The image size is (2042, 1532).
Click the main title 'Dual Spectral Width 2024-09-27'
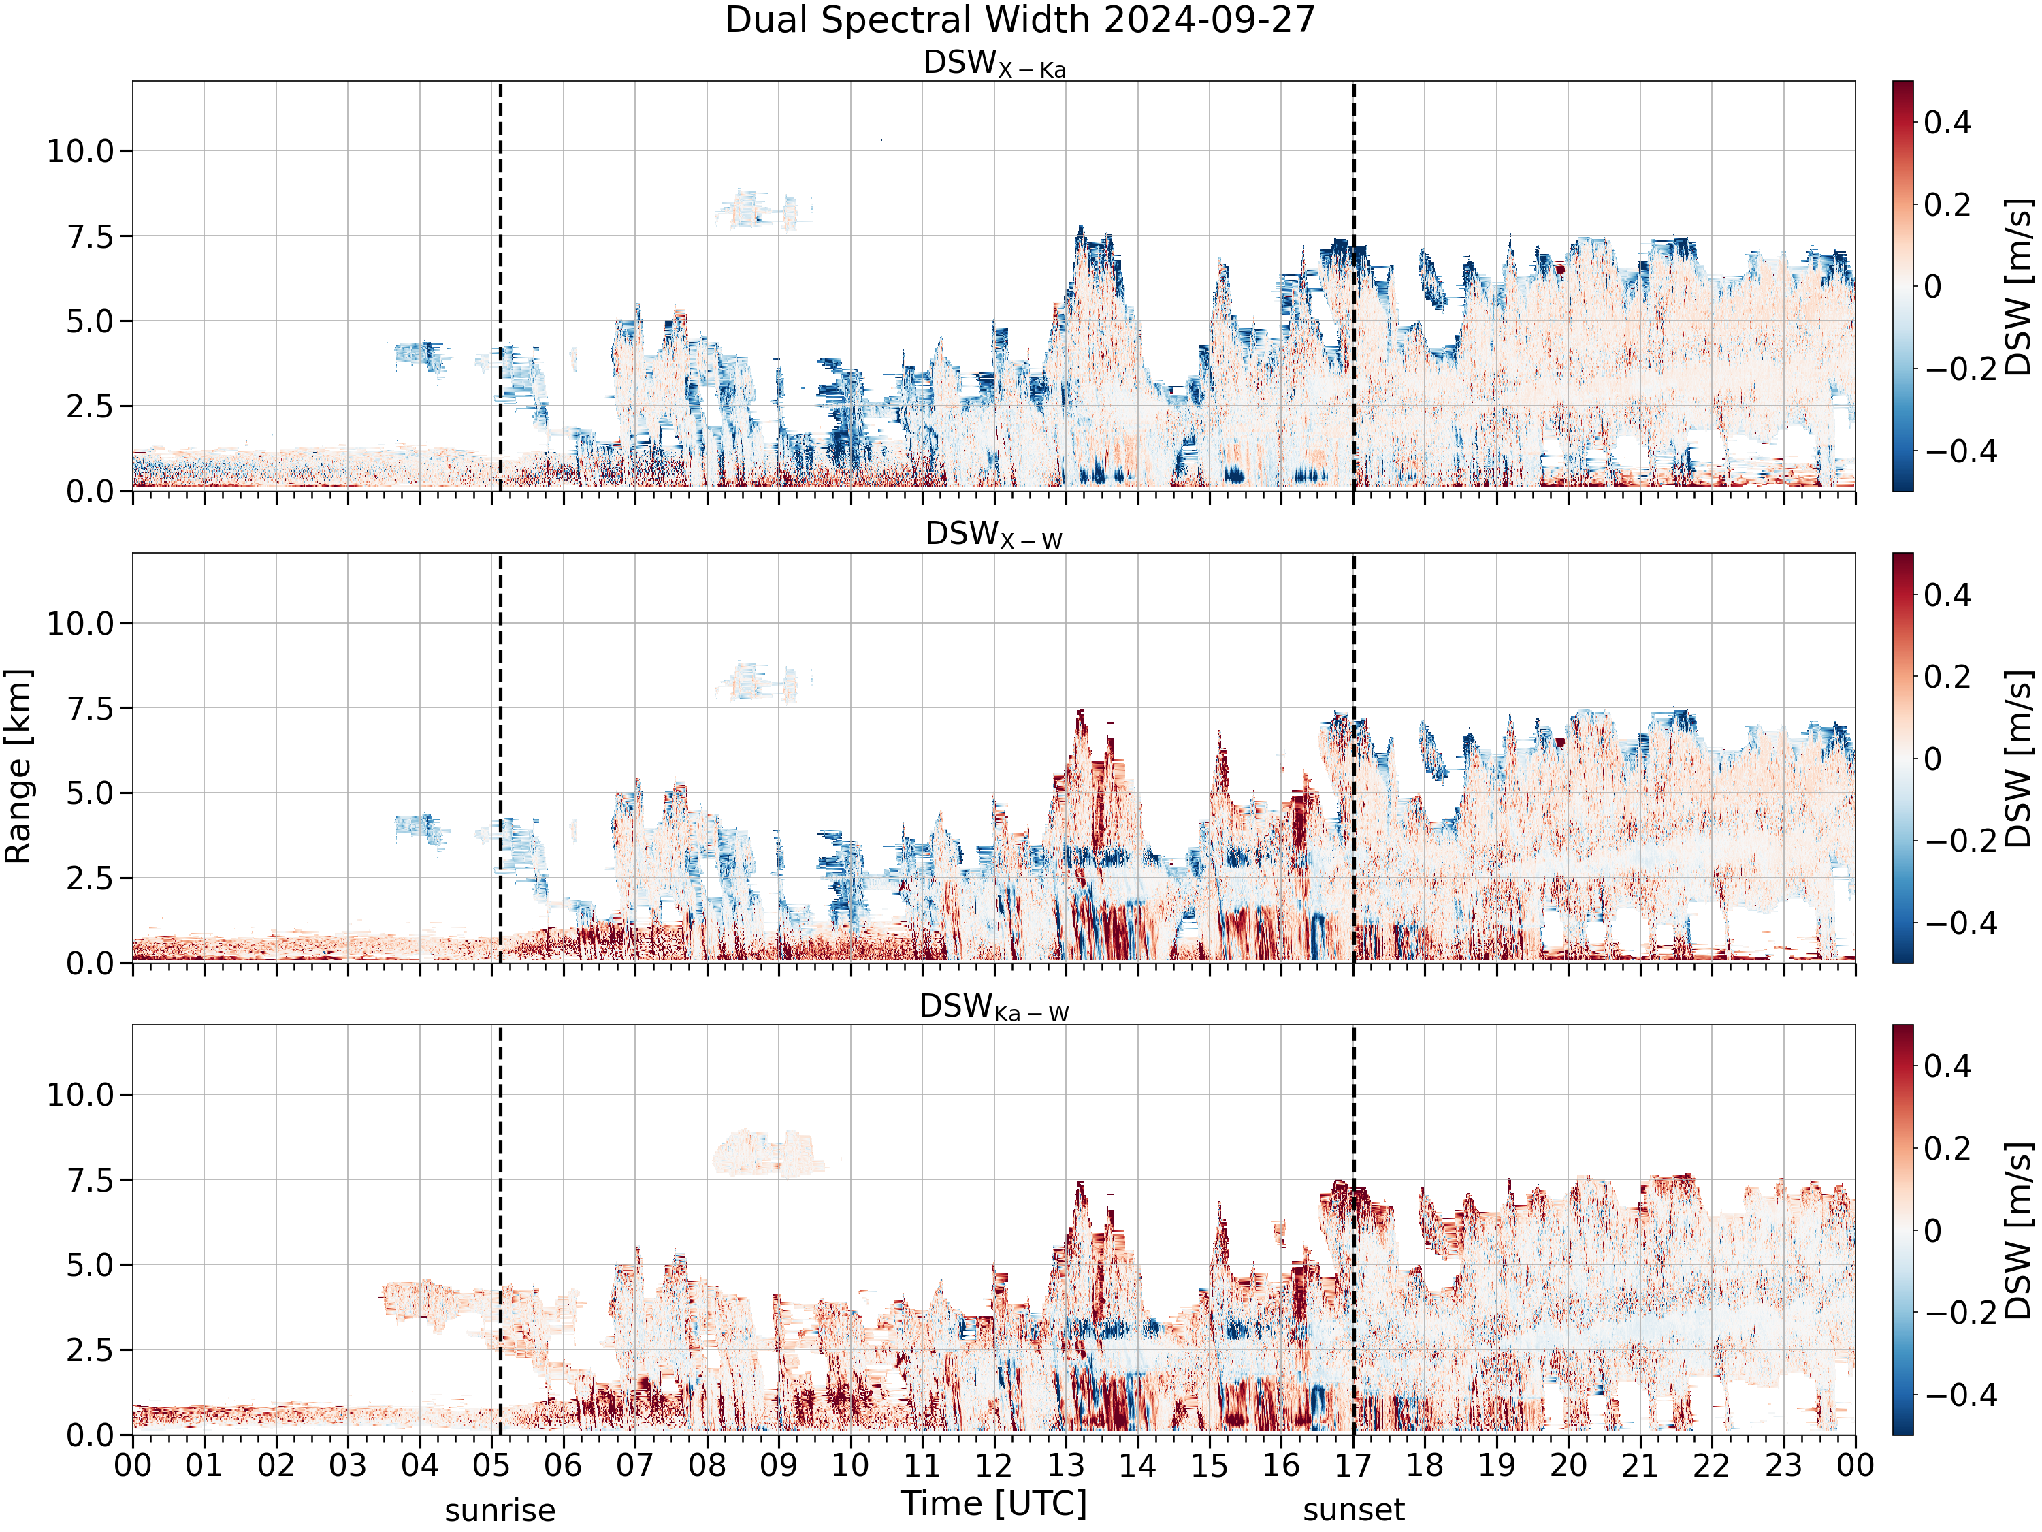(1020, 20)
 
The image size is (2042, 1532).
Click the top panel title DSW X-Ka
(994, 64)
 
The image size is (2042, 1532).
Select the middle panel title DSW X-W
(994, 536)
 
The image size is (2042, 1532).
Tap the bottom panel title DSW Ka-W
(994, 1008)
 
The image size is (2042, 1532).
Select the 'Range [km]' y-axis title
(18, 767)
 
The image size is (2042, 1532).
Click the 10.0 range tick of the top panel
(80, 150)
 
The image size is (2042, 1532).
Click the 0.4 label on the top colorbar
(1948, 122)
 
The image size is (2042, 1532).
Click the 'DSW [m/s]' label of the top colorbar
(2019, 286)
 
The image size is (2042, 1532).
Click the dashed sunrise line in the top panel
(500, 286)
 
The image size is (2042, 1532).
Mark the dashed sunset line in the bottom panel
(1355, 1229)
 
